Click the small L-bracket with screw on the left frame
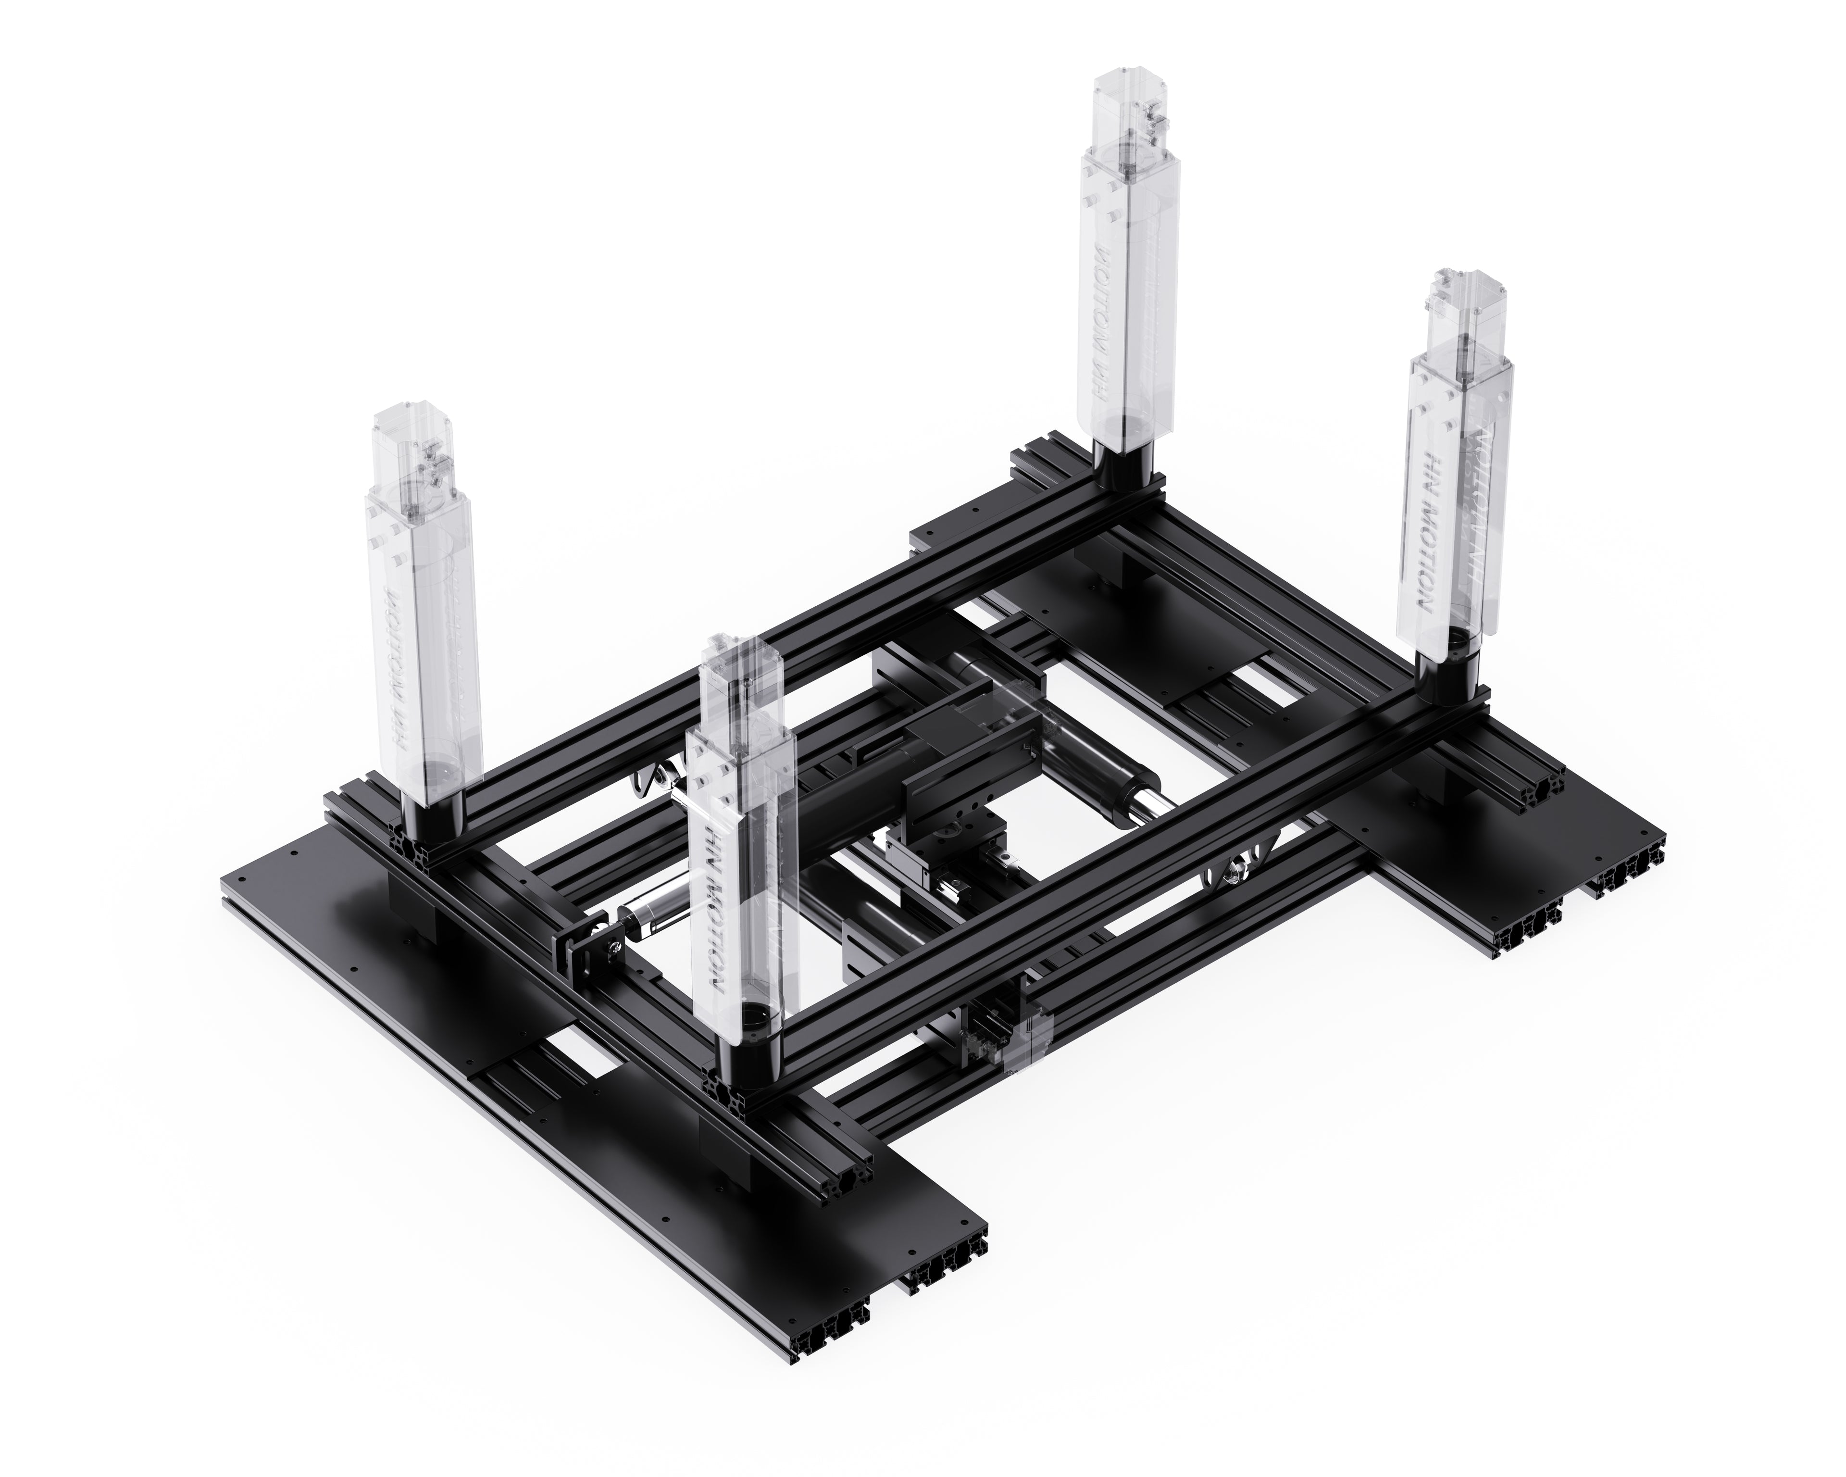coord(593,946)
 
